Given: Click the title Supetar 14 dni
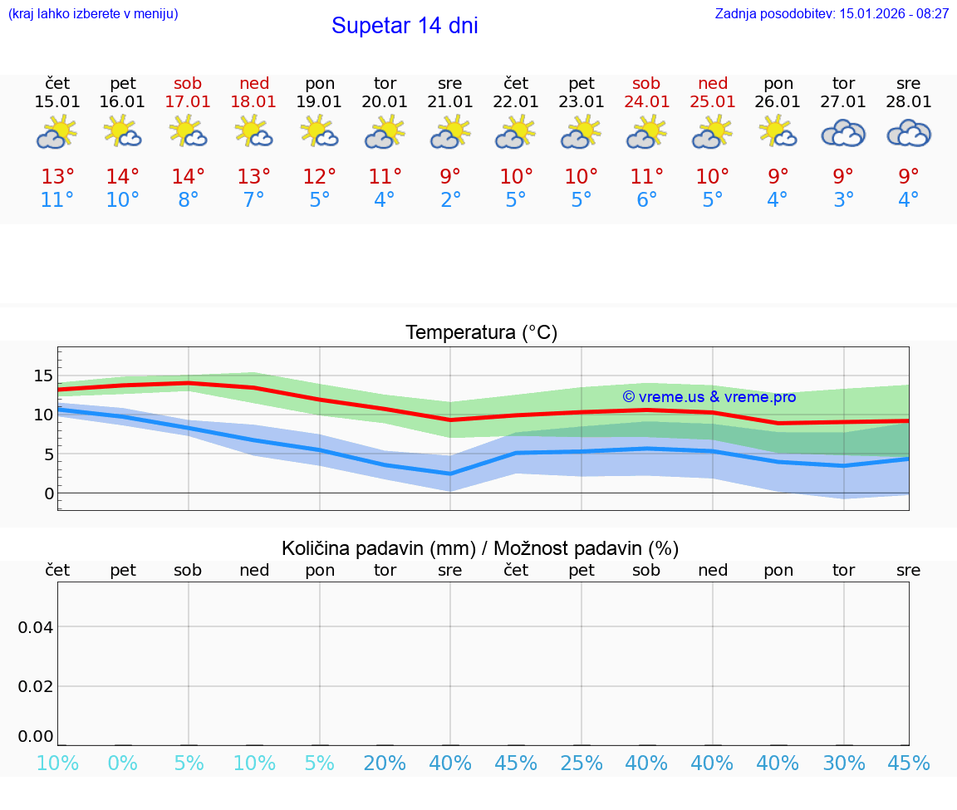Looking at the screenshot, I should pos(405,26).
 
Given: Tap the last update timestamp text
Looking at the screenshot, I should pos(832,13).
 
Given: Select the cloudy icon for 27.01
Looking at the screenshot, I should pos(843,133).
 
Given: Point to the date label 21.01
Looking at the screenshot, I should pos(450,102).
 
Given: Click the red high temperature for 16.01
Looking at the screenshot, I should pos(123,176).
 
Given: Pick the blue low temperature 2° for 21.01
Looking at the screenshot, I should pos(450,199).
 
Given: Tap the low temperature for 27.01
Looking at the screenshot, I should pos(843,199).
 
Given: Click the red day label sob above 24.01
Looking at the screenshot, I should pos(646,83).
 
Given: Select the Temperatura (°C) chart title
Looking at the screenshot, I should pos(481,333).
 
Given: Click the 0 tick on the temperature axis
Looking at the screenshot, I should pos(49,493).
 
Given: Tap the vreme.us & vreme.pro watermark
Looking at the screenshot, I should pos(709,397).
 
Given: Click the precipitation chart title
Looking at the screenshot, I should pos(480,548).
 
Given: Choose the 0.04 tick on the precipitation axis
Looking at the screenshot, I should pos(36,626).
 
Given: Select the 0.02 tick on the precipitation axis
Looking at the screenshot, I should pos(36,686).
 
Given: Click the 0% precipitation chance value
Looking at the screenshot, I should pos(123,763).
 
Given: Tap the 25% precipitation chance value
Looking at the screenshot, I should pos(582,763).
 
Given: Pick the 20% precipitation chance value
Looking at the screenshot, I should pos(385,763).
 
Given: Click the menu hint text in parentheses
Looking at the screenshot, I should pos(93,13).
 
